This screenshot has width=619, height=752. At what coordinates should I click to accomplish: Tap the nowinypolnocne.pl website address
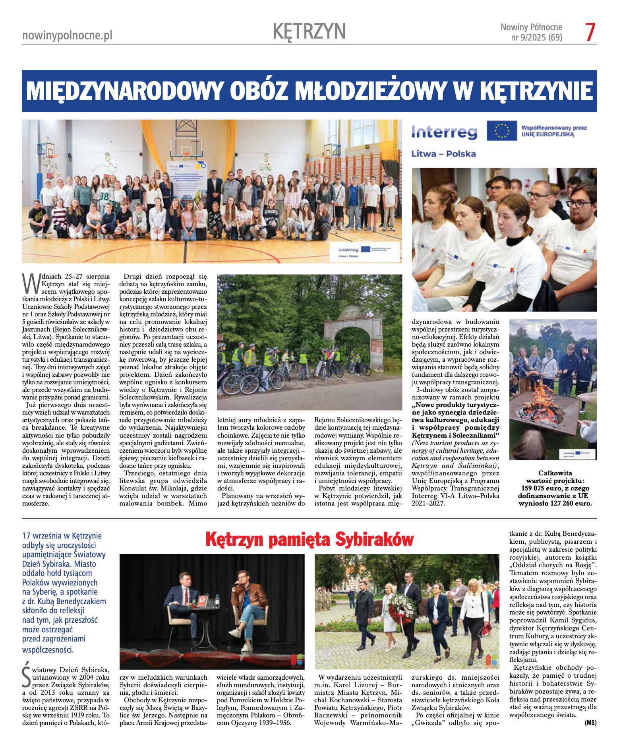pyautogui.click(x=67, y=35)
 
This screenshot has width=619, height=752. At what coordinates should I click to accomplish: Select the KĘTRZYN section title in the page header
pyautogui.click(x=309, y=31)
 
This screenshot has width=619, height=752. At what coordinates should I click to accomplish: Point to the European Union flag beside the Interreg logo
pyautogui.click(x=501, y=131)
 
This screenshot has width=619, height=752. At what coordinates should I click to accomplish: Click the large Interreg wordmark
pyautogui.click(x=444, y=132)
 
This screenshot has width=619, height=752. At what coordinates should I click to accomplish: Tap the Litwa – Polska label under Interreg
pyautogui.click(x=443, y=154)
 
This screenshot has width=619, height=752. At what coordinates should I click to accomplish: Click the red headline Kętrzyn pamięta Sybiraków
pyautogui.click(x=309, y=539)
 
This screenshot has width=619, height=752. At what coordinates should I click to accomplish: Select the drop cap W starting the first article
pyautogui.click(x=31, y=283)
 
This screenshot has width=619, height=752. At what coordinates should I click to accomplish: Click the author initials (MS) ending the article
pyautogui.click(x=590, y=723)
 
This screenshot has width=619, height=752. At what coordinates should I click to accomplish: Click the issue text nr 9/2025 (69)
pyautogui.click(x=536, y=37)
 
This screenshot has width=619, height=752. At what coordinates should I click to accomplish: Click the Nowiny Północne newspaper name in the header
pyautogui.click(x=531, y=27)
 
